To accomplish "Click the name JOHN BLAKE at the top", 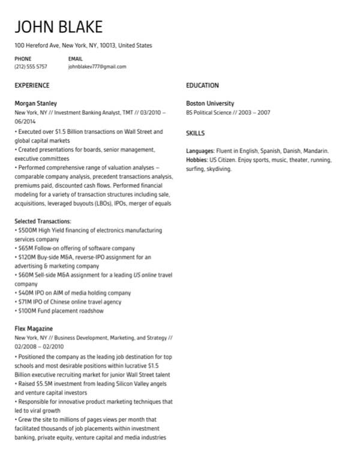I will coord(58,26).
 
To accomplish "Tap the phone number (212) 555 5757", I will coord(31,67).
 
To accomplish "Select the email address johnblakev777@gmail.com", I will coord(97,67).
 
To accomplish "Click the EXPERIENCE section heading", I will coord(32,86).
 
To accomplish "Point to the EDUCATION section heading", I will coord(202,86).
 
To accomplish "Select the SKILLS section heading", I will coord(195,133).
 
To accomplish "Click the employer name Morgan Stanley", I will coord(35,103).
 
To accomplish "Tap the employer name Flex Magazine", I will coord(34,329).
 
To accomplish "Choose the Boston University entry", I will coord(210,103).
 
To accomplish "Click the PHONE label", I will coord(23,59).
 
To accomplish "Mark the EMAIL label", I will coord(76,59).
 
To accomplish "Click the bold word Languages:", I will coord(200,151).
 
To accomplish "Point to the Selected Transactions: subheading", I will coord(43,221).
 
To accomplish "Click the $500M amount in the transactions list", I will coord(28,230).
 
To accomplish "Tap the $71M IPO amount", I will coord(26,302).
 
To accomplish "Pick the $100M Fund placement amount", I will coord(28,311).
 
